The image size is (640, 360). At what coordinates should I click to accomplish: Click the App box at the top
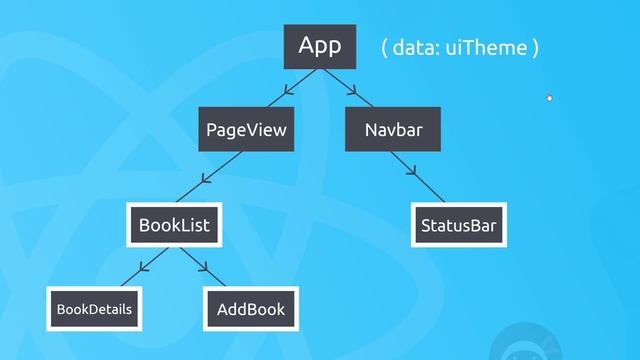pyautogui.click(x=320, y=46)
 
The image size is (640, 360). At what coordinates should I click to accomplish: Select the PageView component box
pyautogui.click(x=246, y=130)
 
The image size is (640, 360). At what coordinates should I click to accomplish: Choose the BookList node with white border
pyautogui.click(x=174, y=225)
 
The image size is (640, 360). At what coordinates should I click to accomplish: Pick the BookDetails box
pyautogui.click(x=94, y=309)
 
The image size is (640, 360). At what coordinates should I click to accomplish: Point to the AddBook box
pyautogui.click(x=251, y=309)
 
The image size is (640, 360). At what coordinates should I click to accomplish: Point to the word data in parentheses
pyautogui.click(x=414, y=47)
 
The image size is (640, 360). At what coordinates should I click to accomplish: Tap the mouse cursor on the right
pyautogui.click(x=549, y=97)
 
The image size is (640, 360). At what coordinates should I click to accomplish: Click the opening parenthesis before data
pyautogui.click(x=385, y=47)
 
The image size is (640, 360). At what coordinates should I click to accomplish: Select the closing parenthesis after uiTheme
pyautogui.click(x=536, y=47)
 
